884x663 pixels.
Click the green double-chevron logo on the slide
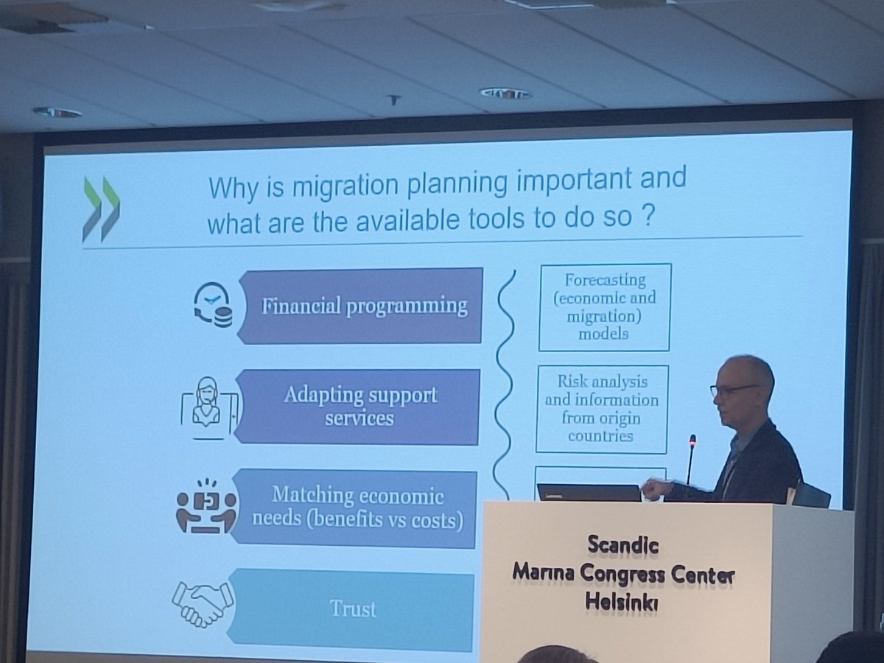click(x=100, y=209)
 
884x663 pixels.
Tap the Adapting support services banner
click(x=360, y=406)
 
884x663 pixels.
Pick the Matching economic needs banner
click(x=357, y=508)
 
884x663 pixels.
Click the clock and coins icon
click(x=212, y=306)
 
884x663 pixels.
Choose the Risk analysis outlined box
click(x=601, y=409)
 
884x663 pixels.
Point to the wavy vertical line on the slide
click(x=504, y=383)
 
